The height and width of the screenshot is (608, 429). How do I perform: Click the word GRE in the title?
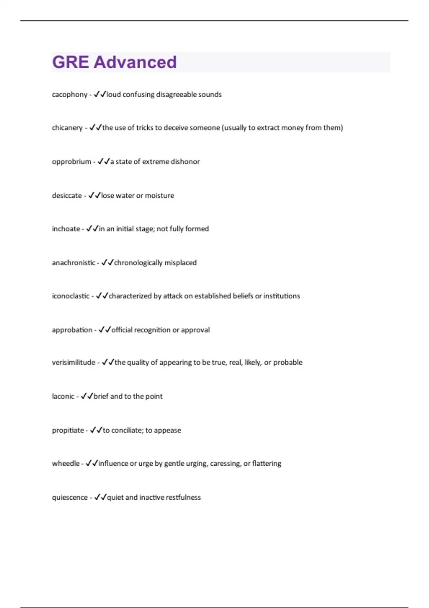coord(70,62)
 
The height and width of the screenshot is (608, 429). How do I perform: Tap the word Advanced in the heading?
coord(135,62)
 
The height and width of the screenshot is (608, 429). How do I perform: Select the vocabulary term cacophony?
coord(70,95)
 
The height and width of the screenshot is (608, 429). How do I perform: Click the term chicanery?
coord(67,128)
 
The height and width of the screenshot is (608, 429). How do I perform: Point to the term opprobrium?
coord(71,162)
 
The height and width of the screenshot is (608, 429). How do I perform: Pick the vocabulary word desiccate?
coord(67,196)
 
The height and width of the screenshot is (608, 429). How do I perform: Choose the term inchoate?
coord(66,229)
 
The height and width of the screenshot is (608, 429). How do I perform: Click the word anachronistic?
coord(74,263)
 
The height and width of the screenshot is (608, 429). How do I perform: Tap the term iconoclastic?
coord(71,296)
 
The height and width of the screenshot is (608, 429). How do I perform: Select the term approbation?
coord(72,330)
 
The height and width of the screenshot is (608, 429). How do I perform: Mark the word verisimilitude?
coord(74,363)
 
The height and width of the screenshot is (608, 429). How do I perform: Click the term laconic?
coord(63,396)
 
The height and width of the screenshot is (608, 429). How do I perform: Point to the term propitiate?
coord(68,430)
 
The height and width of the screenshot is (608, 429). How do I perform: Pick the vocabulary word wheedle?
coord(66,464)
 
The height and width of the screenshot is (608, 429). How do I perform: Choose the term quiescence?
coord(70,497)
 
